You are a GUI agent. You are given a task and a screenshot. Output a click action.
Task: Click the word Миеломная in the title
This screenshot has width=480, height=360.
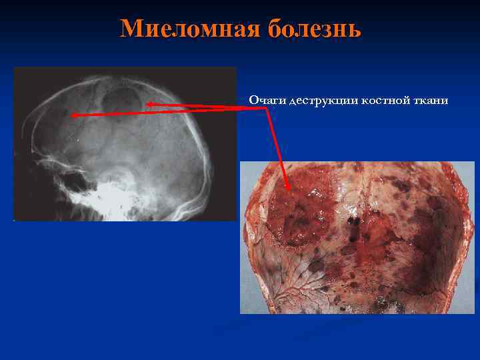(x=191, y=29)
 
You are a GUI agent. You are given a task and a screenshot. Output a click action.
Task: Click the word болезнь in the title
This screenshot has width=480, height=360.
(x=315, y=29)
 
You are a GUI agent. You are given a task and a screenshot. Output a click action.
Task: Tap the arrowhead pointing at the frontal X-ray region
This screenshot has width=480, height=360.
(x=74, y=115)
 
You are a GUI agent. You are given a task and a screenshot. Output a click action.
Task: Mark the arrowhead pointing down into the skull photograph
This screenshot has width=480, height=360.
(x=288, y=188)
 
